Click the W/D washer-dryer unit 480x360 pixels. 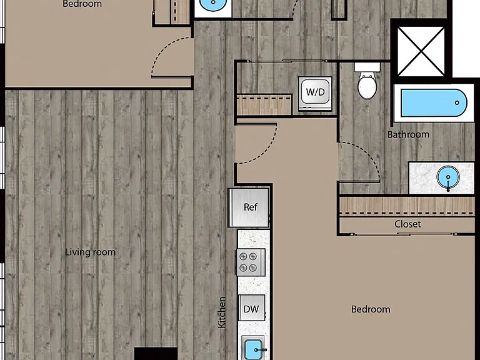coord(316,92)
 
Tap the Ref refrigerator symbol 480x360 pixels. coord(249,207)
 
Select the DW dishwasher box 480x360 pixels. coord(252,308)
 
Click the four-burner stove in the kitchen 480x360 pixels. coord(251,262)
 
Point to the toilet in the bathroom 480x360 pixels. coord(367,81)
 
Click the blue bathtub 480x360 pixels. coord(434,103)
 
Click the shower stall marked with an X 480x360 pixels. coord(421,51)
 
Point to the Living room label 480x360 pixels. coord(90,252)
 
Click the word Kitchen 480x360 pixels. coord(222,312)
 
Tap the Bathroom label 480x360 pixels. coord(408,134)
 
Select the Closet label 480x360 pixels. coord(407,224)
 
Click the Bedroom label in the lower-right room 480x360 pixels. coord(371,309)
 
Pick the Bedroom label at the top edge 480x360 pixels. coord(82,4)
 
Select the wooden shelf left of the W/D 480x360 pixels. coord(264,105)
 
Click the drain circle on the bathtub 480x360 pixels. coord(457,103)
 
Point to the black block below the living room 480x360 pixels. coord(156,354)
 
